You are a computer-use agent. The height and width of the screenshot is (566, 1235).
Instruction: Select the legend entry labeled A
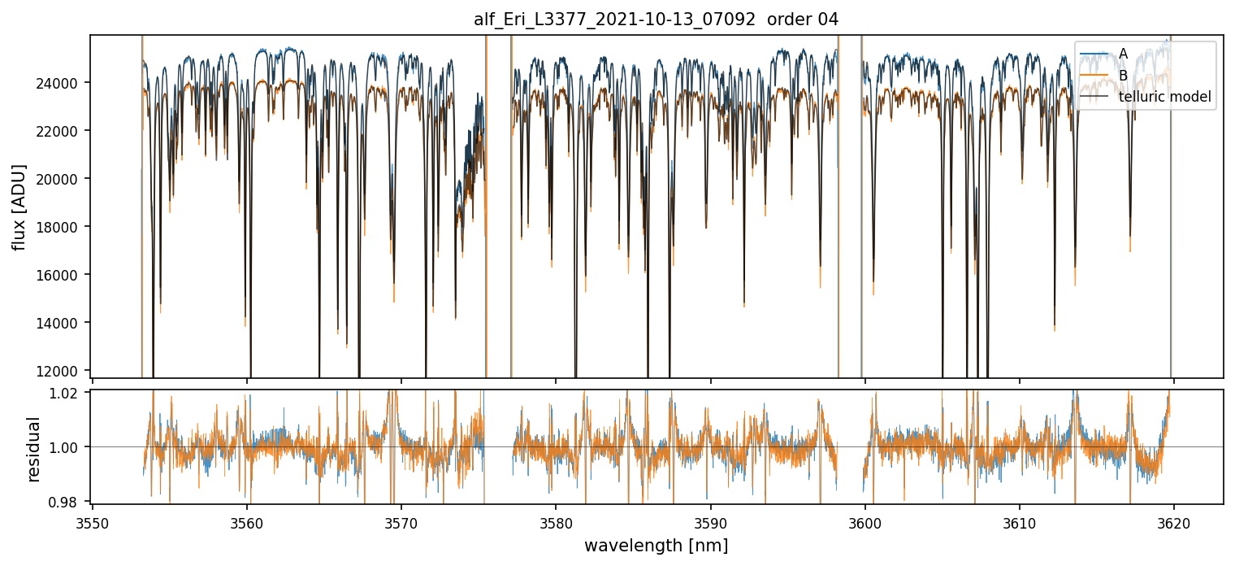point(1123,54)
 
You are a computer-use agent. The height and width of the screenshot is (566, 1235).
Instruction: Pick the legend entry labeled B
point(1123,76)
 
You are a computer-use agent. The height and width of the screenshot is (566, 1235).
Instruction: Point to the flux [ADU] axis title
point(19,207)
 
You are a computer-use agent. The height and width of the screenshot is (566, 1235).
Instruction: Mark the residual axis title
point(33,448)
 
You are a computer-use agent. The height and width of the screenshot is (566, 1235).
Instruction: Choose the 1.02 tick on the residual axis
point(68,393)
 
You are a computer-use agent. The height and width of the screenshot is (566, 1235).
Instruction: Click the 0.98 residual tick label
point(68,502)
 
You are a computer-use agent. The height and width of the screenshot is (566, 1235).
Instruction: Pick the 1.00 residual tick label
point(68,447)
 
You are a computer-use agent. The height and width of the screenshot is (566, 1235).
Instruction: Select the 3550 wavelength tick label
point(93,520)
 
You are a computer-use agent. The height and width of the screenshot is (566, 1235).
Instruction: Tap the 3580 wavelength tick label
point(556,520)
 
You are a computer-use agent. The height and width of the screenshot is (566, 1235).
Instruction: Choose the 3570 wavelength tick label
point(401,520)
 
